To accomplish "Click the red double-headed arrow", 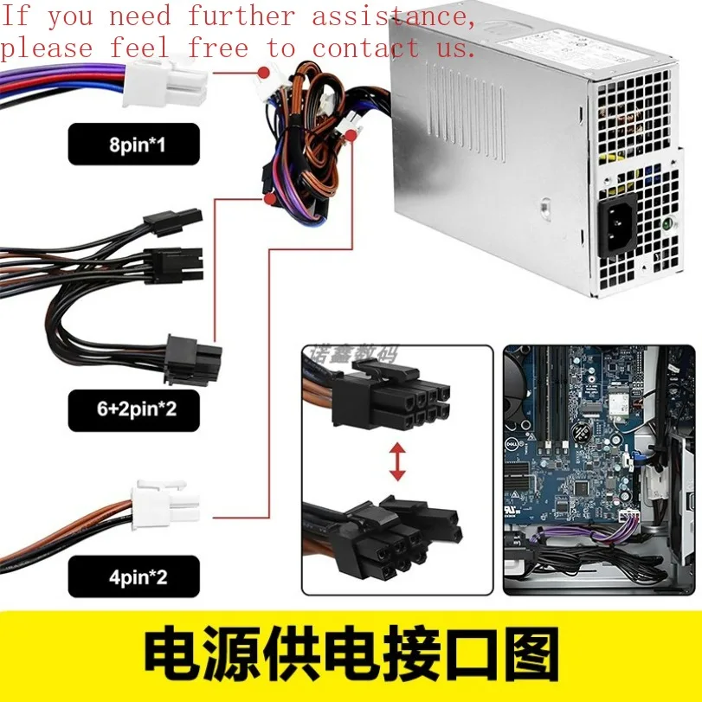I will point(397,461).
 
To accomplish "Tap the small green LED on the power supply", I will point(669,223).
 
